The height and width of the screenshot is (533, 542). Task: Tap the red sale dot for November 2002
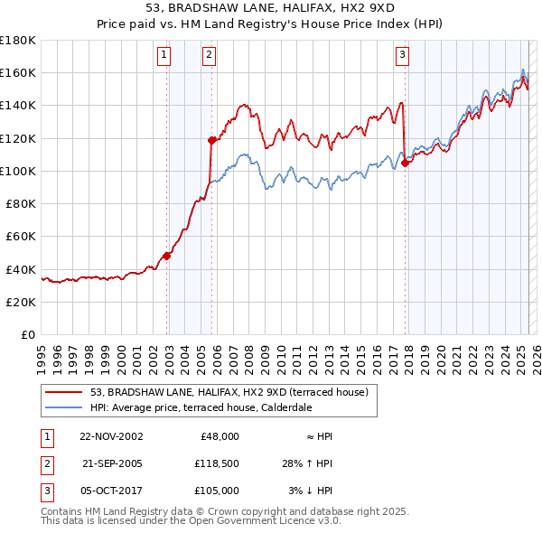click(x=167, y=256)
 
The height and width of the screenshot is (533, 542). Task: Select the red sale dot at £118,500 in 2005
click(x=212, y=140)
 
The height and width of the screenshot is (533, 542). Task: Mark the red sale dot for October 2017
click(x=406, y=163)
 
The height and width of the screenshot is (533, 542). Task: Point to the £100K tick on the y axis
click(x=18, y=171)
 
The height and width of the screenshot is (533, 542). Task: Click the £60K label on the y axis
click(x=21, y=236)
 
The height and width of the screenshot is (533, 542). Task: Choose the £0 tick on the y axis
click(x=29, y=334)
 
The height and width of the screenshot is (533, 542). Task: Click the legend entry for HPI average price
click(x=201, y=407)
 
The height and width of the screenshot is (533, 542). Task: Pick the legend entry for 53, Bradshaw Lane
click(x=229, y=393)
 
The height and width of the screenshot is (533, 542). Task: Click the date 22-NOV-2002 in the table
click(x=111, y=436)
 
